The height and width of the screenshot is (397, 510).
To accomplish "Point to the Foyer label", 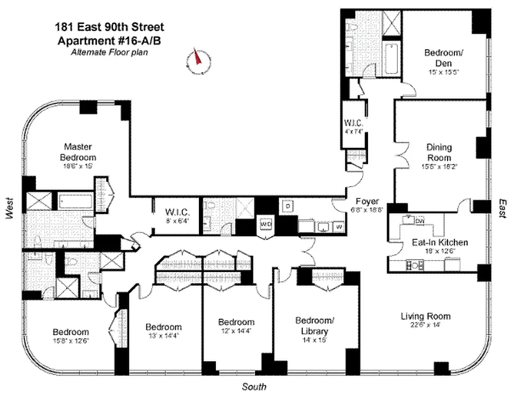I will (367, 201).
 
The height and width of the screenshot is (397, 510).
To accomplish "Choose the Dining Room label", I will (439, 152).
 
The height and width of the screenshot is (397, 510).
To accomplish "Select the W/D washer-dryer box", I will (265, 224).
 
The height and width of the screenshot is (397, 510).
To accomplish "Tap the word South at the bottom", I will (254, 387).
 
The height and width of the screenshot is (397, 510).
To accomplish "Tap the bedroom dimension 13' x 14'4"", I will (164, 336).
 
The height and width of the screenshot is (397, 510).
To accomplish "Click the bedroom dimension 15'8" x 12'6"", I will (71, 340).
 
